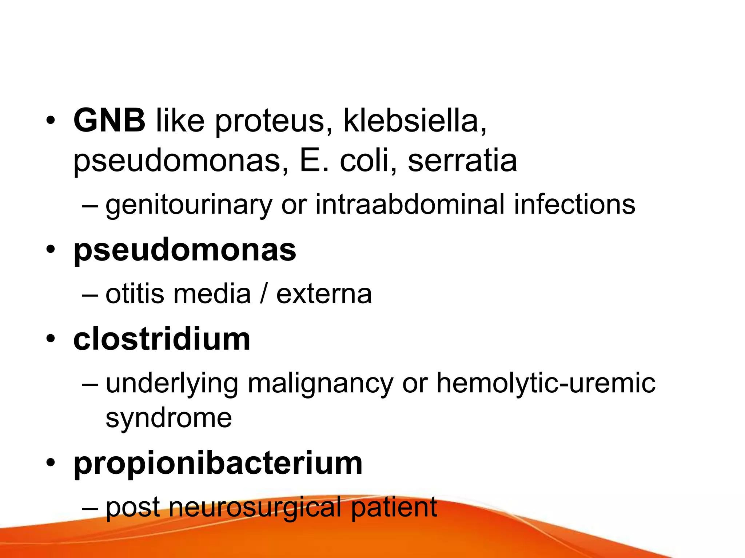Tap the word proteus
269,122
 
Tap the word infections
574,204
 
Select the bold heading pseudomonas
185,251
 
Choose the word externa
324,294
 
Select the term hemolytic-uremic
546,384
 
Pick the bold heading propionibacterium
218,465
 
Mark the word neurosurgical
255,508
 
